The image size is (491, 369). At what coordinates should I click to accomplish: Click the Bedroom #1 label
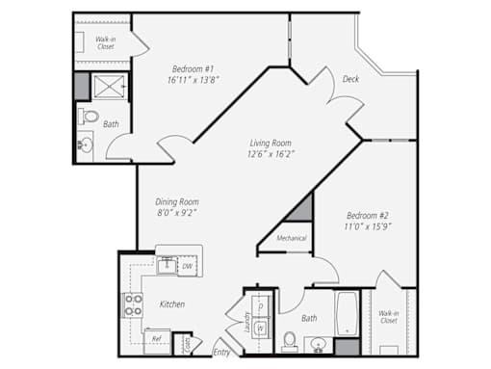193,68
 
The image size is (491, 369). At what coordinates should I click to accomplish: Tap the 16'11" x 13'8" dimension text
194,80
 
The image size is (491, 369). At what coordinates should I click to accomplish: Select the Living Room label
271,143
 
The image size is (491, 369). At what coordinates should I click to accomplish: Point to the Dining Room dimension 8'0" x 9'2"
177,213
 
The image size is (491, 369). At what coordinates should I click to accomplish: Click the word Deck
350,79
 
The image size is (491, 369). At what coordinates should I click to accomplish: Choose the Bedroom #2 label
368,215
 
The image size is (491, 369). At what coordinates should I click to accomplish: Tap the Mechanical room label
292,238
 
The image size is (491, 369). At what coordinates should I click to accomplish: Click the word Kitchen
172,304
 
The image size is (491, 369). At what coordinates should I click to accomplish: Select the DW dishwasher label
188,266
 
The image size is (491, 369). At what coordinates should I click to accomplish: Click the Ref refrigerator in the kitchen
157,341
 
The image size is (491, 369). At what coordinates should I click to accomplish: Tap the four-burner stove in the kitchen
133,305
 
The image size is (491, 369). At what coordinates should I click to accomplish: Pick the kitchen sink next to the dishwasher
167,266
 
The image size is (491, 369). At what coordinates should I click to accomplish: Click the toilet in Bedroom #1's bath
89,117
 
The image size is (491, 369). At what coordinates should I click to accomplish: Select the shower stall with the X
110,86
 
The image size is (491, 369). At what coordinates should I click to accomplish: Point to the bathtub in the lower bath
347,313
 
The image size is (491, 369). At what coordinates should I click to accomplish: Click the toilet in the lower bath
290,342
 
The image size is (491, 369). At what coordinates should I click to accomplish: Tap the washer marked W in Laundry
261,328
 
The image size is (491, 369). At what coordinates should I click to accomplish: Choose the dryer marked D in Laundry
261,306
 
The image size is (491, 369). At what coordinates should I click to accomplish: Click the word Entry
221,353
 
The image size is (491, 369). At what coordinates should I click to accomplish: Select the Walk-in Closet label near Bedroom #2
389,317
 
